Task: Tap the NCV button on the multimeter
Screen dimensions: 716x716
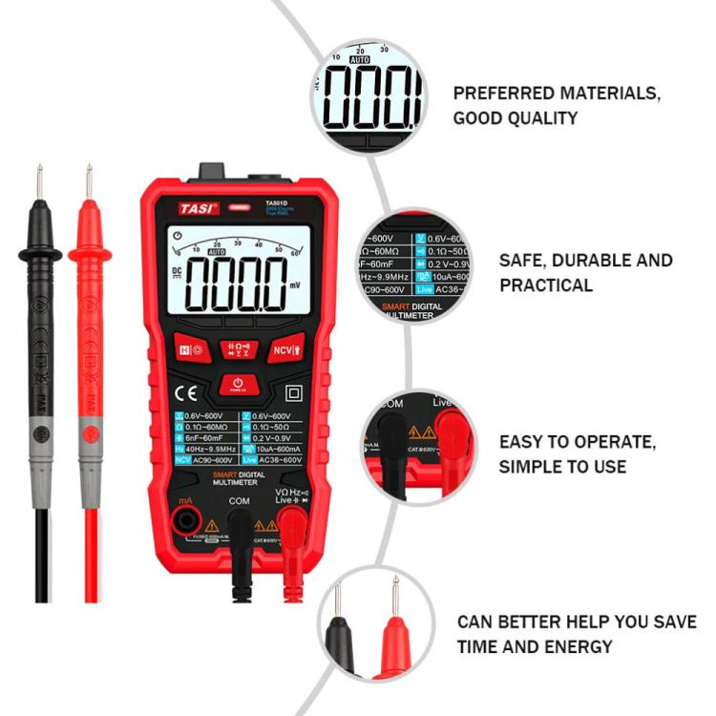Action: (285, 349)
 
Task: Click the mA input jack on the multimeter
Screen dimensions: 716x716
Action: (186, 520)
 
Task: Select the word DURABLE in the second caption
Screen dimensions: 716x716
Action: (591, 260)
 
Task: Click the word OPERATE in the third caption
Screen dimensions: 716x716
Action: (606, 442)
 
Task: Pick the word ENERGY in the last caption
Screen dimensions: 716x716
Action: (582, 646)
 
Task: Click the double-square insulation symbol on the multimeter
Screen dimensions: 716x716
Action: (293, 392)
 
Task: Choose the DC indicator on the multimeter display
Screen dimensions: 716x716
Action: (177, 271)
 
